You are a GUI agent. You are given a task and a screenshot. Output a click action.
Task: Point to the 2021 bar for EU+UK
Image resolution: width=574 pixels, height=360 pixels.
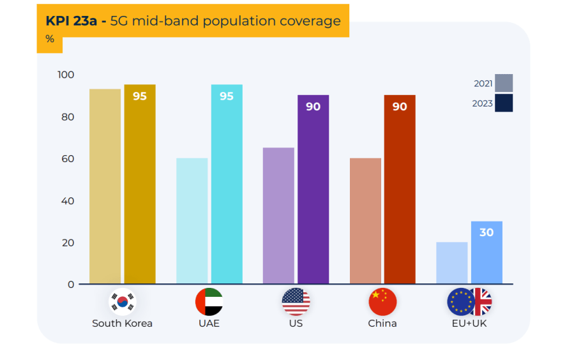[451, 263]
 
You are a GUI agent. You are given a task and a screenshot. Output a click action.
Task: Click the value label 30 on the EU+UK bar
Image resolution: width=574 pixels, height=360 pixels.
[487, 232]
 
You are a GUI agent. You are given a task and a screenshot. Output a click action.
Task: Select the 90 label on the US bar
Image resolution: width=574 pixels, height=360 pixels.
[313, 107]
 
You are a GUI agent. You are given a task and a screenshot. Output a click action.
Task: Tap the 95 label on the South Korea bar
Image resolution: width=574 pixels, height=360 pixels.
[140, 96]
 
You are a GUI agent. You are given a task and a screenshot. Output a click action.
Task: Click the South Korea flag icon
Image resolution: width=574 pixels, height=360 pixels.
[122, 302]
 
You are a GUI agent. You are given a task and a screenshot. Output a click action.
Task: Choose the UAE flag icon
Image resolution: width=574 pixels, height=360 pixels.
[209, 302]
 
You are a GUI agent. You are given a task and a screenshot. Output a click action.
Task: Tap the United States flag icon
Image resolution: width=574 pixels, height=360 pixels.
[296, 302]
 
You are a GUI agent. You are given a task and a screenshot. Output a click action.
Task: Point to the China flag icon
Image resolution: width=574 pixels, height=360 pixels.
[382, 302]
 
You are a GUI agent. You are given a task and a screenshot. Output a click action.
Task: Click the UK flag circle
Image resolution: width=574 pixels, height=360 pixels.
[480, 302]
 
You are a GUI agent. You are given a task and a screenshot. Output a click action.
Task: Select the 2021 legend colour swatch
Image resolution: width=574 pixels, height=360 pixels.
[503, 83]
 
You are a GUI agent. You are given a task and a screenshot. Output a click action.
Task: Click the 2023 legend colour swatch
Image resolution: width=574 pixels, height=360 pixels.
[503, 103]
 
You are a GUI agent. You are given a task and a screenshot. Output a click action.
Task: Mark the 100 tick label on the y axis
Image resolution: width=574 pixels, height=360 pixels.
[66, 75]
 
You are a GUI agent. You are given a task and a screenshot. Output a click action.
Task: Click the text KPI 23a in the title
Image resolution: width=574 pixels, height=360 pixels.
[72, 20]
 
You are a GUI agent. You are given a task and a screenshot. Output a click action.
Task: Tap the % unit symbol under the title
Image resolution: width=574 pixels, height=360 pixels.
[50, 39]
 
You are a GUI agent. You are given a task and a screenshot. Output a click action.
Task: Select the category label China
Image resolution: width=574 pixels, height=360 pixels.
[382, 323]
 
